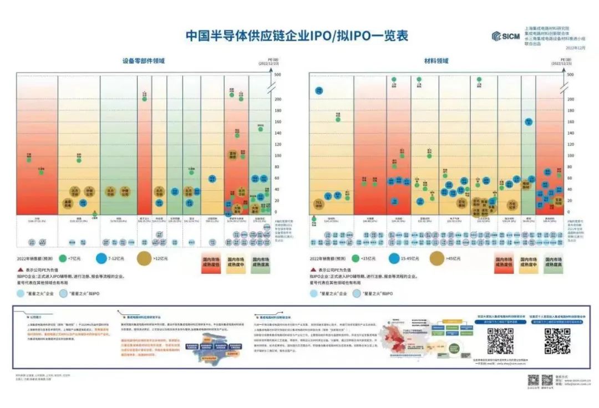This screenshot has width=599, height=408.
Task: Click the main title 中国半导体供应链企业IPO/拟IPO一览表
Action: click(x=297, y=36)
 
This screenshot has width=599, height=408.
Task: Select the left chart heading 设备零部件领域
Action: click(x=144, y=61)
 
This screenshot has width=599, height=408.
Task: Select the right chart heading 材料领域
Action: click(x=436, y=61)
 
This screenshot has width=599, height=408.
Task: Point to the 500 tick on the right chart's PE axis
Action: click(x=570, y=75)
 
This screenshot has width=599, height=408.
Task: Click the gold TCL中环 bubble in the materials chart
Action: click(x=318, y=204)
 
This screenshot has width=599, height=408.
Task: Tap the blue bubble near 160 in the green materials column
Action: click(x=529, y=121)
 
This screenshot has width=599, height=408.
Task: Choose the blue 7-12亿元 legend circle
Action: click(x=101, y=258)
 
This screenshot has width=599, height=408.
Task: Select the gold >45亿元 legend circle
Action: click(x=436, y=258)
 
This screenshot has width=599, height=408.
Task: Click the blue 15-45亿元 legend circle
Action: click(x=395, y=258)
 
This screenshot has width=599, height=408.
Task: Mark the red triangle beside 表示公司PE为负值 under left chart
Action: click(x=19, y=268)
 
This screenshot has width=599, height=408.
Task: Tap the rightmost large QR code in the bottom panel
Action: click(x=557, y=341)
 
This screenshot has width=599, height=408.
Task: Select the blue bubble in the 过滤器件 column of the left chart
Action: click(x=212, y=178)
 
